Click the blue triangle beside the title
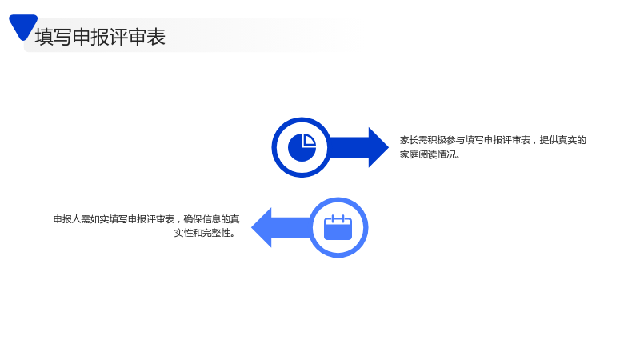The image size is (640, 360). [x=23, y=26]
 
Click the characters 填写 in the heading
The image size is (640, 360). [x=54, y=37]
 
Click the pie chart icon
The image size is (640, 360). [x=302, y=147]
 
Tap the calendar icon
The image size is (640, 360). [x=338, y=227]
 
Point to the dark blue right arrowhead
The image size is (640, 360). [x=378, y=147]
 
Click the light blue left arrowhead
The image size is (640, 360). [x=262, y=227]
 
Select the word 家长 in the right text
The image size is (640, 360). [x=409, y=141]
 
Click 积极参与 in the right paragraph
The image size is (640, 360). [x=446, y=141]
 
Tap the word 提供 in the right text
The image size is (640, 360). [x=549, y=141]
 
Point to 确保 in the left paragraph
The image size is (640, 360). [x=193, y=219]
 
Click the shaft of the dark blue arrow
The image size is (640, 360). [x=349, y=147]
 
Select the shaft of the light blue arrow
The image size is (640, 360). [x=292, y=227]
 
